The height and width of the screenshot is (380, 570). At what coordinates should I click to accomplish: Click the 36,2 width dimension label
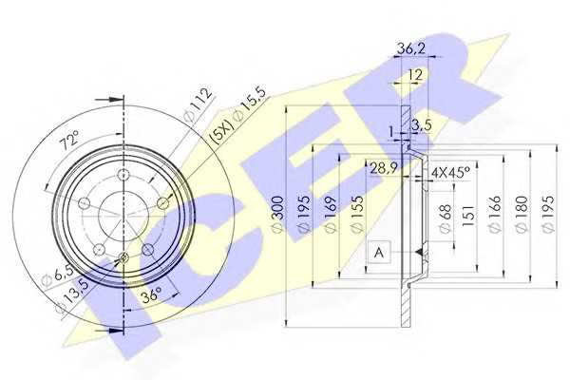[x=410, y=48]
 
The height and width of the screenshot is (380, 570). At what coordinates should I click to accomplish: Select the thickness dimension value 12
[x=415, y=75]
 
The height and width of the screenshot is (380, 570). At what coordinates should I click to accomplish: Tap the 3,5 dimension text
[x=421, y=125]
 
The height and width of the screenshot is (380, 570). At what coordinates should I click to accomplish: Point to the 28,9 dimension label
[x=384, y=168]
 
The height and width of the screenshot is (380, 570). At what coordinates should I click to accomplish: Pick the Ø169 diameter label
[x=330, y=215]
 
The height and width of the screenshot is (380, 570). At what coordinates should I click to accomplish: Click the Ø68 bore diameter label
[x=446, y=218]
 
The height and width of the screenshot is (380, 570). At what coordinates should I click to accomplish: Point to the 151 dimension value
[x=468, y=216]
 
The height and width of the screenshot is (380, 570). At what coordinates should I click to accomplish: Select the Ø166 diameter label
[x=495, y=215]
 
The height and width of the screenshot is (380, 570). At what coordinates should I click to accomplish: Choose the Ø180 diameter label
[x=522, y=215]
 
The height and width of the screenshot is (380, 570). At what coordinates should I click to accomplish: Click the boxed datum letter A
[x=379, y=252]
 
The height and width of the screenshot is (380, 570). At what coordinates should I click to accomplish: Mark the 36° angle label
[x=151, y=294]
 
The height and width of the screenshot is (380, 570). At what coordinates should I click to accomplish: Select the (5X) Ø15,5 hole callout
[x=238, y=116]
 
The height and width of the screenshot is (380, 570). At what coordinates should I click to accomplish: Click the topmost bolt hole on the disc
[x=123, y=176]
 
